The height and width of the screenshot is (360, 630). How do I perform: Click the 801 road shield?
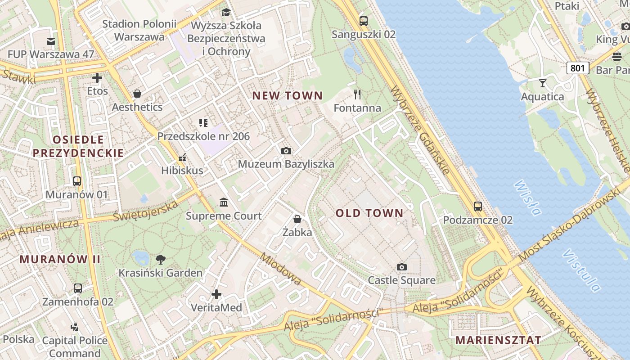click(x=577, y=68)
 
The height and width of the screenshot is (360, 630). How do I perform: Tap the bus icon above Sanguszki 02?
click(x=363, y=21)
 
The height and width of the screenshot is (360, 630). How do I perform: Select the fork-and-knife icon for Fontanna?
click(x=357, y=94)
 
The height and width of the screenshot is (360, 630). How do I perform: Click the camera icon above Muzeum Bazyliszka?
click(x=286, y=151)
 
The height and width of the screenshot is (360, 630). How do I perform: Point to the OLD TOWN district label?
click(x=369, y=213)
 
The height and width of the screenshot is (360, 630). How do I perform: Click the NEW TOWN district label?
click(x=287, y=95)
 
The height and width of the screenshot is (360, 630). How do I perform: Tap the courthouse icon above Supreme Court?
click(x=224, y=202)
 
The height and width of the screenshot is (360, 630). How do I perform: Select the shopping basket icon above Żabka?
click(x=297, y=219)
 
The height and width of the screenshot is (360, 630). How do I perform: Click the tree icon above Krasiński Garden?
click(x=160, y=259)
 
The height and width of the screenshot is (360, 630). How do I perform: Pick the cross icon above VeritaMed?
click(x=216, y=294)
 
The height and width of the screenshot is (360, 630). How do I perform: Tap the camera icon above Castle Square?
click(x=401, y=267)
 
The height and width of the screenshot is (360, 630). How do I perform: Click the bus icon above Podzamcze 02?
click(x=477, y=207)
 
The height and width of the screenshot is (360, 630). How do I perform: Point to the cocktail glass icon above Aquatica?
click(x=542, y=83)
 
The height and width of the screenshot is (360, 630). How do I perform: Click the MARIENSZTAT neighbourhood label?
click(x=498, y=340)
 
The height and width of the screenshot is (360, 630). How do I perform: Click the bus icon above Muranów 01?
click(x=77, y=181)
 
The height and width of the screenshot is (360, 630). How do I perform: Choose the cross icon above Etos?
click(x=97, y=78)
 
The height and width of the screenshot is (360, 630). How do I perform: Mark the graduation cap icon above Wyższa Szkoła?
click(x=226, y=12)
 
